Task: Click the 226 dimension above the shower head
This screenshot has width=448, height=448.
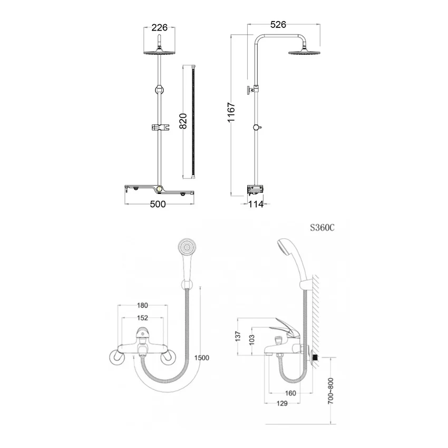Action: pos(159,27)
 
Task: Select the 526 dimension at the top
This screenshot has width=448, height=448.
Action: pos(278,25)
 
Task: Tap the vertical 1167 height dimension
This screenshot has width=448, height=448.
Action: pos(231,112)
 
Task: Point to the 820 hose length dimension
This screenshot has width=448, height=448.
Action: pos(183,121)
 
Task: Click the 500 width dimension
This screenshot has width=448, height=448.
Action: pos(158,204)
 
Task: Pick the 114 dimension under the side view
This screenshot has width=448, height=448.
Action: pos(256,204)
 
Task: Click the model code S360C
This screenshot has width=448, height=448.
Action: pos(322,228)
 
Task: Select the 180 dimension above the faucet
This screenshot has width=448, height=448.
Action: pos(142,305)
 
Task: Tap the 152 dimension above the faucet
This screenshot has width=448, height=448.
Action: pos(142,318)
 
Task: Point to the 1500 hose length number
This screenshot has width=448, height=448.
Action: pos(201,358)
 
